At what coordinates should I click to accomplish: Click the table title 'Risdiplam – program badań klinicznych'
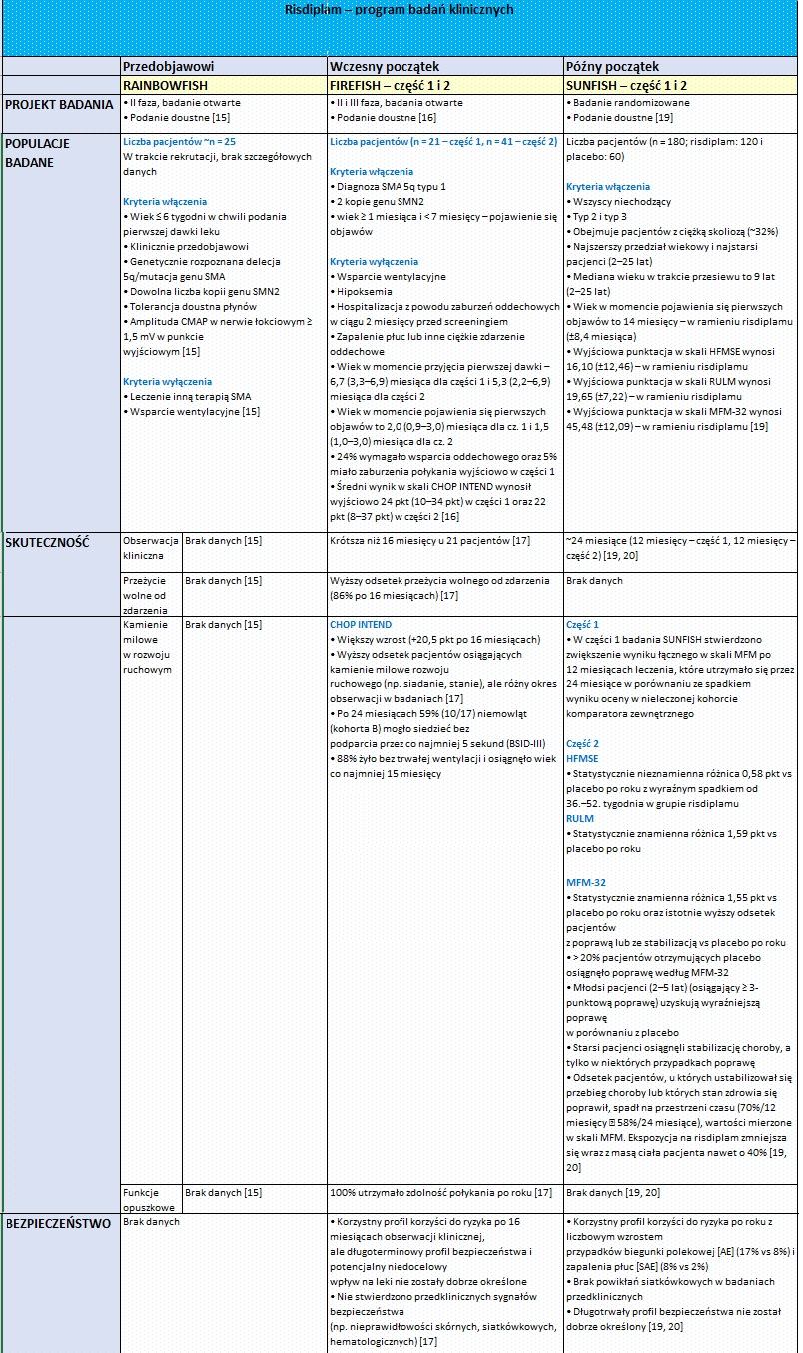pos(400,9)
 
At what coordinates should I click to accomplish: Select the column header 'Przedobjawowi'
pos(165,66)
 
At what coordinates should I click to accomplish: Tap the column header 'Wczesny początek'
pos(384,66)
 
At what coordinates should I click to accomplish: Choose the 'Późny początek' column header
pos(612,66)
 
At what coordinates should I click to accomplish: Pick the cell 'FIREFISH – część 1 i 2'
pos(392,86)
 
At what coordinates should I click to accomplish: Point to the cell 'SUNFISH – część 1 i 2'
pos(626,86)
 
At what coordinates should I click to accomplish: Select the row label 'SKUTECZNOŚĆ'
pos(47,542)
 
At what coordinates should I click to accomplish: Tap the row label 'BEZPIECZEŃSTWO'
pos(58,1223)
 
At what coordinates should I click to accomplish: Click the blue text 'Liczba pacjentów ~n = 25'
pos(179,142)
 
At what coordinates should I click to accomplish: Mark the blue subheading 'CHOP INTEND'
pos(361,625)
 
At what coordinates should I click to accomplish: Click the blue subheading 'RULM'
pos(579,819)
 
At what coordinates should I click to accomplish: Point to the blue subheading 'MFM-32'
pos(586,882)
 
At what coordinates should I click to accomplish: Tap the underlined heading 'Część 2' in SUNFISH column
pos(582,744)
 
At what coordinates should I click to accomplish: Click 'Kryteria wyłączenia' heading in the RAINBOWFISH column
pos(167,381)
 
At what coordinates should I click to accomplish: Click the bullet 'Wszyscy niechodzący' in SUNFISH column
pos(620,202)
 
